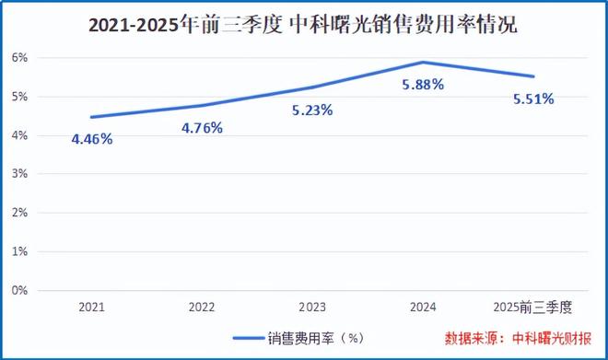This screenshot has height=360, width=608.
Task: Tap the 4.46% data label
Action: [x=92, y=140]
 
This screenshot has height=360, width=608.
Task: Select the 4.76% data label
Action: [x=202, y=128]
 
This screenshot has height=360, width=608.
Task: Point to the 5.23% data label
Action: [x=312, y=110]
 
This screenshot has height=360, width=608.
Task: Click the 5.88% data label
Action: [x=423, y=85]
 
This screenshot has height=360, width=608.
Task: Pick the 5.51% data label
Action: [x=532, y=99]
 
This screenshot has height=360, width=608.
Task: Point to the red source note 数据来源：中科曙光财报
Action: [x=519, y=337]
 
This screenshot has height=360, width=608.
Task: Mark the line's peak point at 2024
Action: [x=422, y=63]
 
